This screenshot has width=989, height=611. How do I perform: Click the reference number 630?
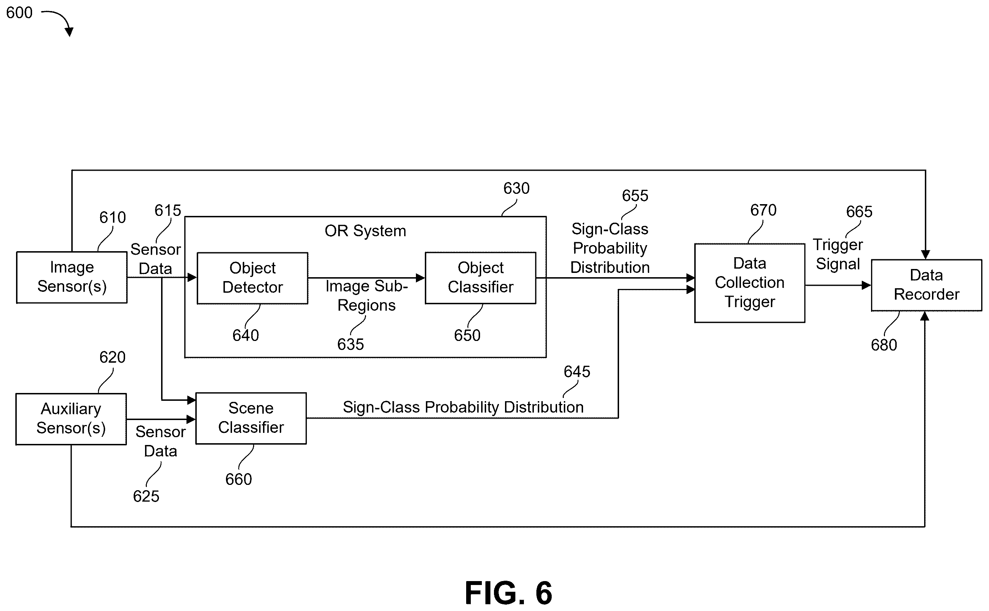click(x=516, y=188)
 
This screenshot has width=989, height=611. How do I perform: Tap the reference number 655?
click(x=635, y=196)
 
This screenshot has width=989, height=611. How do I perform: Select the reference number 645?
click(x=577, y=372)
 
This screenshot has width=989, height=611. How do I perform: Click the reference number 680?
click(x=884, y=345)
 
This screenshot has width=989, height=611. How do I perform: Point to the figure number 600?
click(x=19, y=12)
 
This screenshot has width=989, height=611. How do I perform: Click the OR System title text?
click(x=365, y=231)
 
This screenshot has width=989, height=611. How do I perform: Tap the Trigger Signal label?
click(x=838, y=254)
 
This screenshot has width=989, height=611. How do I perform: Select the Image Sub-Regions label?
click(x=367, y=296)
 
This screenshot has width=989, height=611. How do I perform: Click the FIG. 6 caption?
click(x=509, y=593)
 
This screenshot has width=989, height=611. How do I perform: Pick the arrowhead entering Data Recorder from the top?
click(x=926, y=255)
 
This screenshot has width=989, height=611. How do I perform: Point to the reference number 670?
click(x=763, y=210)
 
